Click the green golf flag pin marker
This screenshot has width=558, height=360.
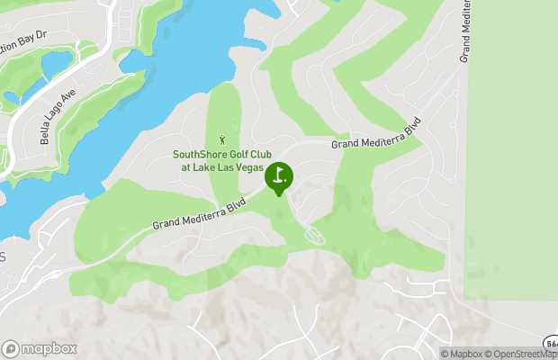tap(279, 175)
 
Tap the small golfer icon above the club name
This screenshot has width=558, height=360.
tap(222, 140)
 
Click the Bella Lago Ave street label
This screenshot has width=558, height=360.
tap(56, 116)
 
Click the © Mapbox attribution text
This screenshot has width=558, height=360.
tap(462, 354)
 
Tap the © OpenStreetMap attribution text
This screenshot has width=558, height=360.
tap(522, 354)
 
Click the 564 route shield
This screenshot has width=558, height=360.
tap(551, 343)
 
